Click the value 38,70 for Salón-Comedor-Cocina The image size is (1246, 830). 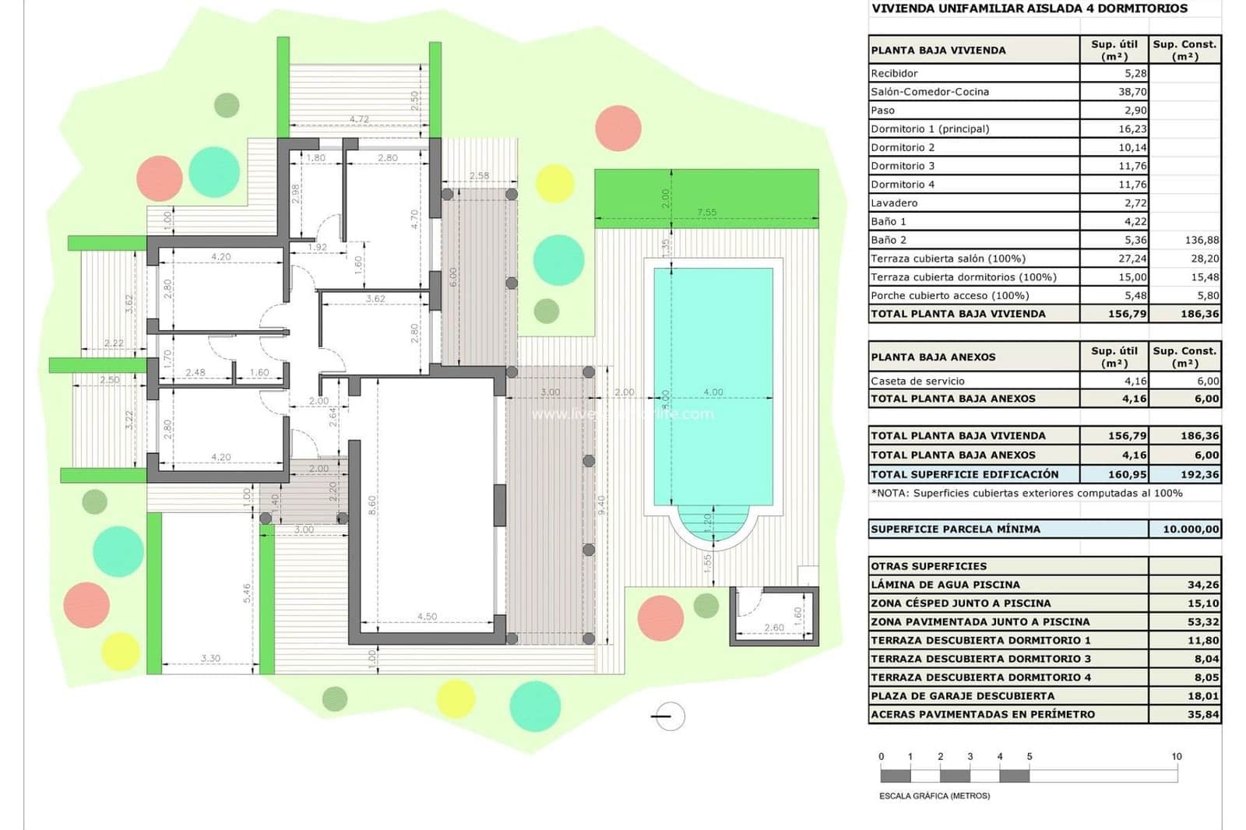(x=1132, y=92)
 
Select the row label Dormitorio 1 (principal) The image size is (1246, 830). (x=930, y=129)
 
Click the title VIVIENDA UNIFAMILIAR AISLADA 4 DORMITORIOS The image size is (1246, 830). (x=1029, y=9)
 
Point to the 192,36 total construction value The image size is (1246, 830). (x=1199, y=474)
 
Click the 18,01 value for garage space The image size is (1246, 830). (x=1203, y=696)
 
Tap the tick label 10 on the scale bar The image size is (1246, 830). (x=1176, y=757)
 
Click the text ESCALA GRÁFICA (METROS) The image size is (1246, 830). (x=935, y=796)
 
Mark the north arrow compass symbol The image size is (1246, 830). (x=668, y=716)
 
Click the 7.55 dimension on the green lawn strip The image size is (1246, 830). (x=706, y=212)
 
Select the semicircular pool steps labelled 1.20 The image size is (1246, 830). (x=713, y=523)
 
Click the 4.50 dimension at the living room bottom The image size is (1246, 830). (x=427, y=617)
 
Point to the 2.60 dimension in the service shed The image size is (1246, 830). (x=774, y=628)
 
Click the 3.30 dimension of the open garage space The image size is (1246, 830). (x=210, y=659)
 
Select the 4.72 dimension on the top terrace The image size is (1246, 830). (x=359, y=119)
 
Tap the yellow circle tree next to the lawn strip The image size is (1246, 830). (x=554, y=184)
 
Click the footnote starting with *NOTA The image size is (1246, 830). (x=1026, y=493)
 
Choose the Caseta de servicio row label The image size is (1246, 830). (x=917, y=382)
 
